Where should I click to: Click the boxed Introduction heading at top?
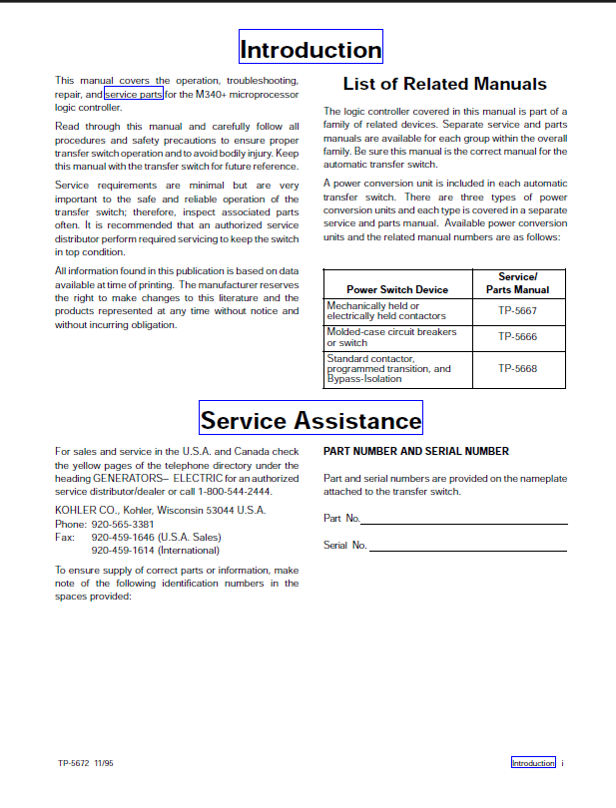tap(310, 50)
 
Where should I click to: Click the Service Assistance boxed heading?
tap(310, 420)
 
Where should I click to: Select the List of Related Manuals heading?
tap(444, 84)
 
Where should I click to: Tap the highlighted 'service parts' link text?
tap(134, 94)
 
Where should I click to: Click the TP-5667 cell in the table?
tap(517, 310)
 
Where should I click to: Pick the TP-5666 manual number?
tap(517, 337)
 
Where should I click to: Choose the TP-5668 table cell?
tap(517, 368)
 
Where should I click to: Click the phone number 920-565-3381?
tap(123, 524)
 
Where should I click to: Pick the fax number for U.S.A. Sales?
tap(123, 537)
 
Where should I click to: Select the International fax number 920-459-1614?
tap(123, 550)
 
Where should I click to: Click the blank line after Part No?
tap(463, 522)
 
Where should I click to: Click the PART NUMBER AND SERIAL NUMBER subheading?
tap(416, 451)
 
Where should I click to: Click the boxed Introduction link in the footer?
tap(533, 763)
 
